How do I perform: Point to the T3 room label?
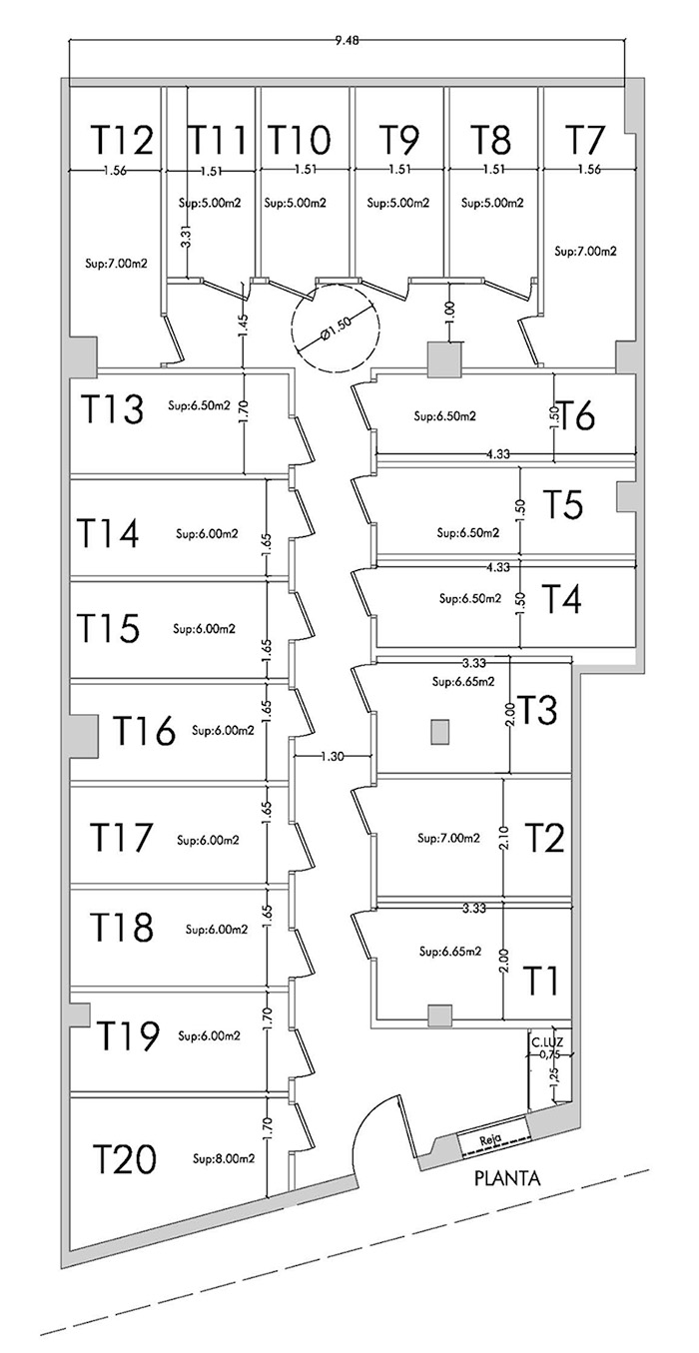tap(537, 710)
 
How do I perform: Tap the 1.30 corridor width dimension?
tap(332, 756)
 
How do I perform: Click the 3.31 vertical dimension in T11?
tap(186, 236)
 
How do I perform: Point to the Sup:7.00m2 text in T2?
tap(449, 838)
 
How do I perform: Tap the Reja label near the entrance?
tap(490, 1138)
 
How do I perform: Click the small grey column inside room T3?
tap(439, 732)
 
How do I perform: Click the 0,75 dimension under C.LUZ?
tap(547, 1054)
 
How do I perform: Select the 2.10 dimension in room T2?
tap(505, 837)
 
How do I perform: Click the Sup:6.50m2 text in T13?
tap(199, 405)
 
